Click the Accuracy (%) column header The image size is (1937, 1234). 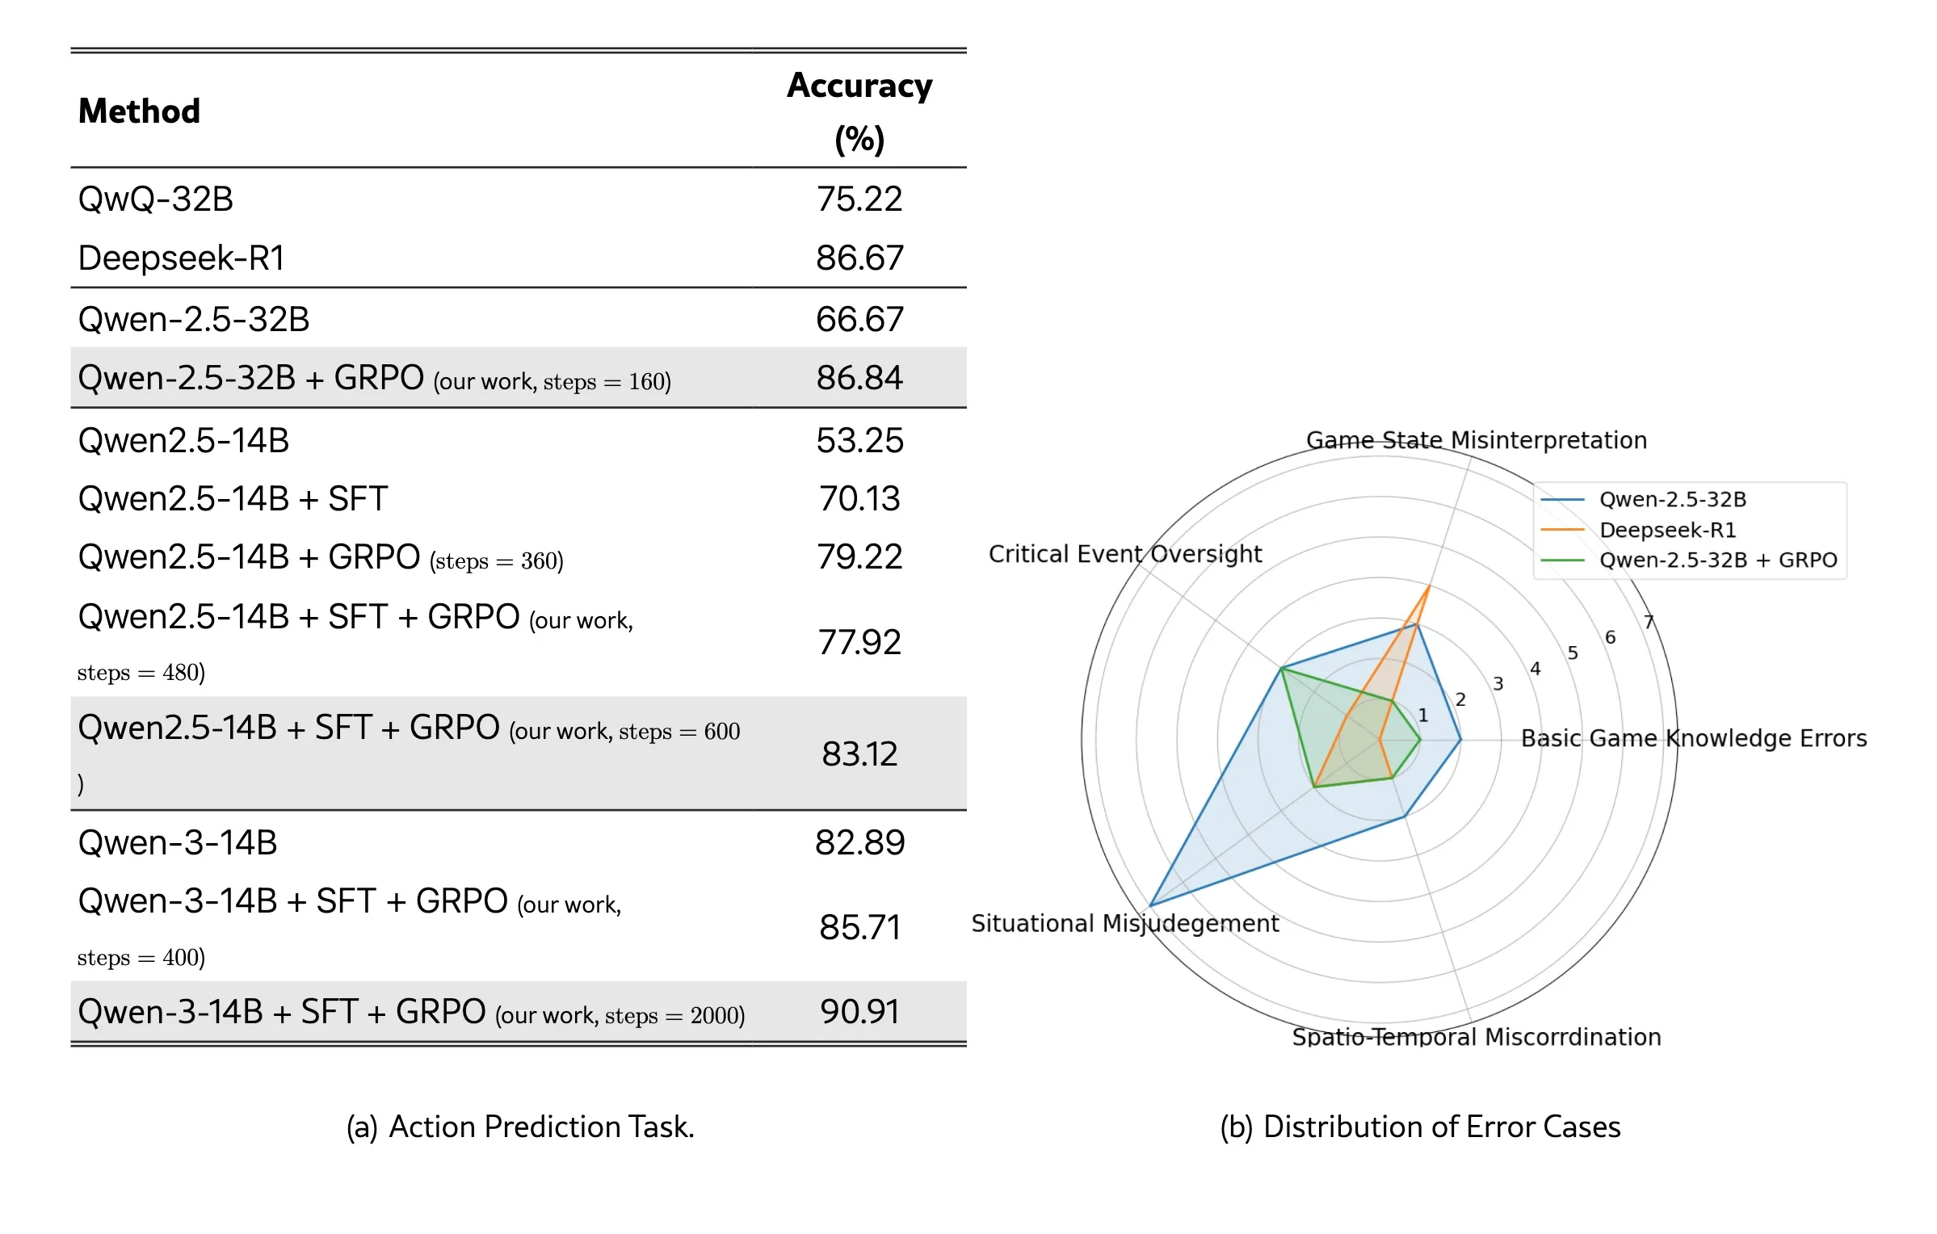click(859, 111)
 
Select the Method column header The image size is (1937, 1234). click(139, 111)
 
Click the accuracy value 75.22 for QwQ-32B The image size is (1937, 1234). click(859, 199)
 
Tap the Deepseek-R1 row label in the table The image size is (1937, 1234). click(181, 258)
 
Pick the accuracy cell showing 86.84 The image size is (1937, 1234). click(859, 378)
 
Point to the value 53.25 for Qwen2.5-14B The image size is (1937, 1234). click(859, 441)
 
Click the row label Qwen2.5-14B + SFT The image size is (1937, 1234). click(233, 499)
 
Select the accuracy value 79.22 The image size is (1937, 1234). click(859, 557)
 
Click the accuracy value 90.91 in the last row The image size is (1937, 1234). click(859, 1012)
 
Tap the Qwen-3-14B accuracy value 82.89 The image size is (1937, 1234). click(859, 843)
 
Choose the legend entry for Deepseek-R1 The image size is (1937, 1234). click(1667, 530)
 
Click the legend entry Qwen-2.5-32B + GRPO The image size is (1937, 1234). click(1717, 560)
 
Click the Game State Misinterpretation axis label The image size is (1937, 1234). click(1476, 440)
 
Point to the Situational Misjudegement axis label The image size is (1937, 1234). click(1124, 923)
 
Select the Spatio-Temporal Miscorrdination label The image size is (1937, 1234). click(1476, 1037)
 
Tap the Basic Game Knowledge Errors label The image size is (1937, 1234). click(1693, 738)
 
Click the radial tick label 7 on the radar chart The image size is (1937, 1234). click(1649, 622)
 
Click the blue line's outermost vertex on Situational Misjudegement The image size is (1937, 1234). click(1149, 905)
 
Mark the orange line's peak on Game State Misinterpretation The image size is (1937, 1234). click(1429, 586)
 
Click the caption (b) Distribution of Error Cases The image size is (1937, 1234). click(1419, 1127)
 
